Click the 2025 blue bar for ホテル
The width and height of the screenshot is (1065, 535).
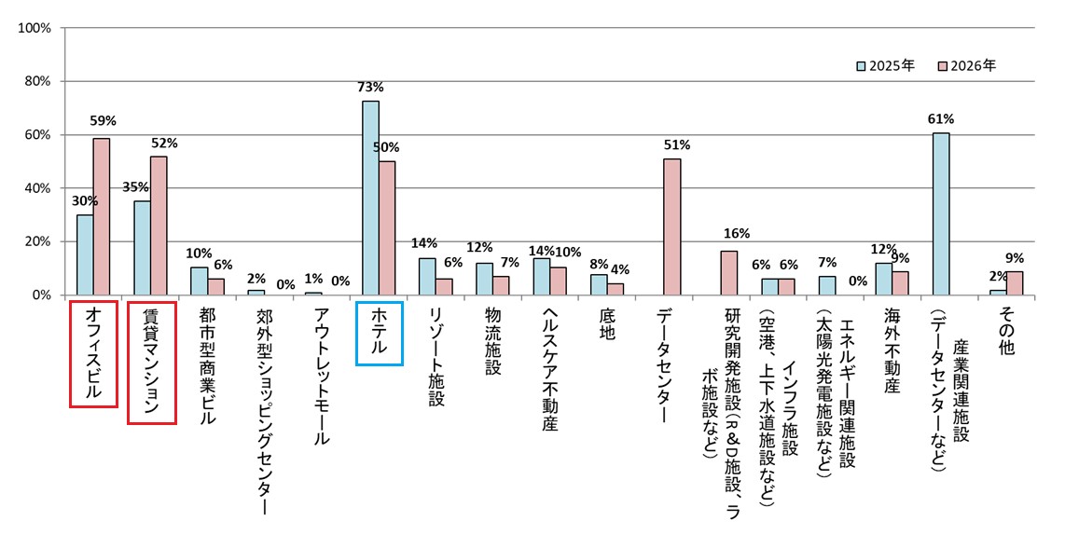point(370,198)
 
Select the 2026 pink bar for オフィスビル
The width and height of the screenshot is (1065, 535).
point(101,216)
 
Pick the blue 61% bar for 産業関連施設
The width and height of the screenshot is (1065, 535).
point(941,213)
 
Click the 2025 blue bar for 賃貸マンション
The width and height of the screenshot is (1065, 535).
point(142,248)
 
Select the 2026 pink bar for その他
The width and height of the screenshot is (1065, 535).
point(1013,282)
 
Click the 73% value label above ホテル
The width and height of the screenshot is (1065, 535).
point(370,88)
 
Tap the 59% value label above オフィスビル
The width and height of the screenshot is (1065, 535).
point(102,120)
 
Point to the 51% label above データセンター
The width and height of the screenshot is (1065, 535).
point(676,144)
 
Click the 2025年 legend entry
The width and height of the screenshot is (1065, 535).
point(885,66)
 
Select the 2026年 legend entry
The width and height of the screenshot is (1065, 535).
point(967,66)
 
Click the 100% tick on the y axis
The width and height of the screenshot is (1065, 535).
point(35,28)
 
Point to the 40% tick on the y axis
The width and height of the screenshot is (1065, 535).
point(37,188)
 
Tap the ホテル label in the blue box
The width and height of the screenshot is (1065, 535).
point(380,333)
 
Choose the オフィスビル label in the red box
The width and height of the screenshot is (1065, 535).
point(93,353)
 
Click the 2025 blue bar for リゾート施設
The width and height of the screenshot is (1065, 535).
point(427,276)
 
